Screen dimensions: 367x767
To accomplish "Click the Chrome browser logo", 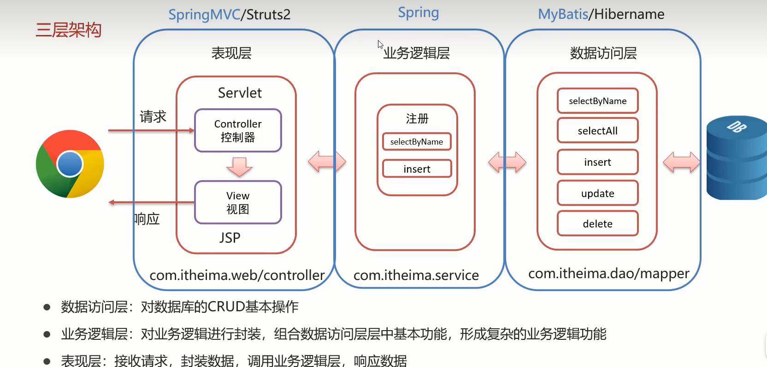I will pos(70,164).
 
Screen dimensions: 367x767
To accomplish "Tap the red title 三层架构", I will pos(68,30).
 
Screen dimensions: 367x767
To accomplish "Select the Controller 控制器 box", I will pos(238,131).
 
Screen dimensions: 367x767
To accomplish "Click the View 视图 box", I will pos(238,203).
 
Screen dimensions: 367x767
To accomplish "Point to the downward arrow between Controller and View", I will pos(239,167).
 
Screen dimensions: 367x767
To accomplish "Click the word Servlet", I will pos(240,93).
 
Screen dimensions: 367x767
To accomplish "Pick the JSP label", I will pos(230,238).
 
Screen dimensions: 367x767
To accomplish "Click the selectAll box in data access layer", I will pos(597,131).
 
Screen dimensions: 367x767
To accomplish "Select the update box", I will pos(597,193).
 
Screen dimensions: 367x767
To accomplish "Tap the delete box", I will pos(597,224).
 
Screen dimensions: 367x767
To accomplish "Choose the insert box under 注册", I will pos(417,169).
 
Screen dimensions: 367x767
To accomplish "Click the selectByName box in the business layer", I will pos(417,142).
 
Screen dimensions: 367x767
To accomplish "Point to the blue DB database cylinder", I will pos(737,157).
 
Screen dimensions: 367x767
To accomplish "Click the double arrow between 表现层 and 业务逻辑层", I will pos(327,162).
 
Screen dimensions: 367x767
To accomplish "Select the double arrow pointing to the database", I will pos(681,162).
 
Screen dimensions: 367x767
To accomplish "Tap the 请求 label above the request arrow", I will pos(153,117).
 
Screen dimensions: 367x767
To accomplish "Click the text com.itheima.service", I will pos(416,275).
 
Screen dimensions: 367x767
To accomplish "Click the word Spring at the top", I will pos(418,13).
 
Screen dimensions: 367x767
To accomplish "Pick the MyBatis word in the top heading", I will pos(563,14).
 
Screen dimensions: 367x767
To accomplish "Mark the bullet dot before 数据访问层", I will pos(47,307).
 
